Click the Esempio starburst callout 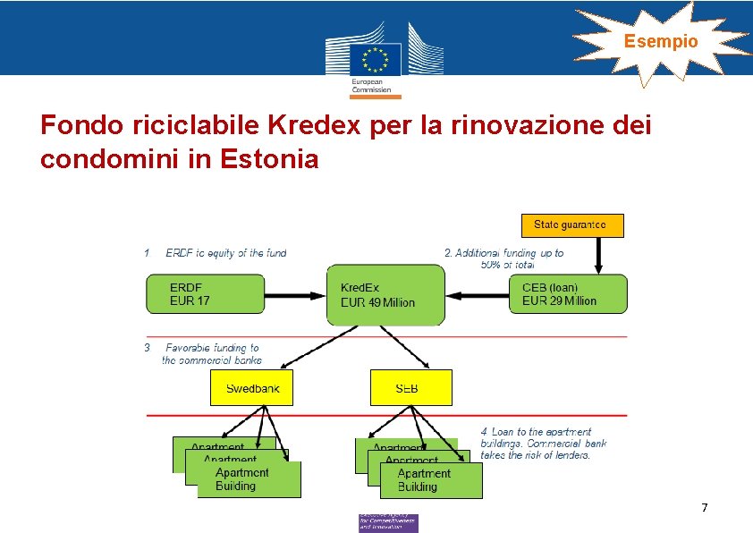[661, 41]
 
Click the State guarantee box [572, 224]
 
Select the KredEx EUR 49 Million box [385, 294]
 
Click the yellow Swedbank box [251, 388]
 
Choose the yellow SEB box [410, 388]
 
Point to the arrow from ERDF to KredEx [297, 294]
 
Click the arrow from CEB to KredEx [477, 294]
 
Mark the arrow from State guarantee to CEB [598, 255]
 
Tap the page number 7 [704, 508]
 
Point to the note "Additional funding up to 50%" [505, 258]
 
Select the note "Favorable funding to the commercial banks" [210, 353]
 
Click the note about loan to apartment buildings [543, 444]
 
